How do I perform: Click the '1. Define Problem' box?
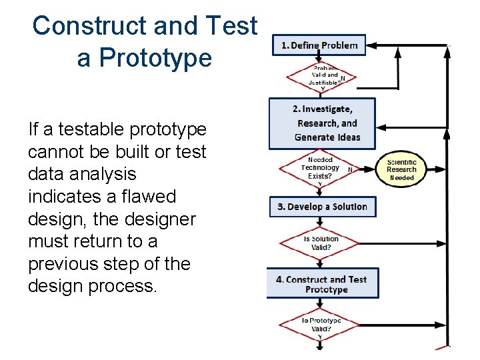pos(319,45)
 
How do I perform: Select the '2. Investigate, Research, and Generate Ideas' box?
pos(322,123)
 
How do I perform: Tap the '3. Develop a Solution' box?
pos(323,207)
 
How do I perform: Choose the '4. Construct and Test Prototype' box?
pos(322,284)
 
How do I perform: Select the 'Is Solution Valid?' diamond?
pos(321,243)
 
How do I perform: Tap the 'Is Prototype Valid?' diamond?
pos(321,325)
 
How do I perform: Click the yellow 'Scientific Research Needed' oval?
pos(401,170)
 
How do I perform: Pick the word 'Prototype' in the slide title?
pos(144,58)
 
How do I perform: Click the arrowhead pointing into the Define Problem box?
pos(373,45)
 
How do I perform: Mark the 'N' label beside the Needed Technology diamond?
pos(350,169)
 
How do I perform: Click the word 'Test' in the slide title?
pos(232,26)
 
